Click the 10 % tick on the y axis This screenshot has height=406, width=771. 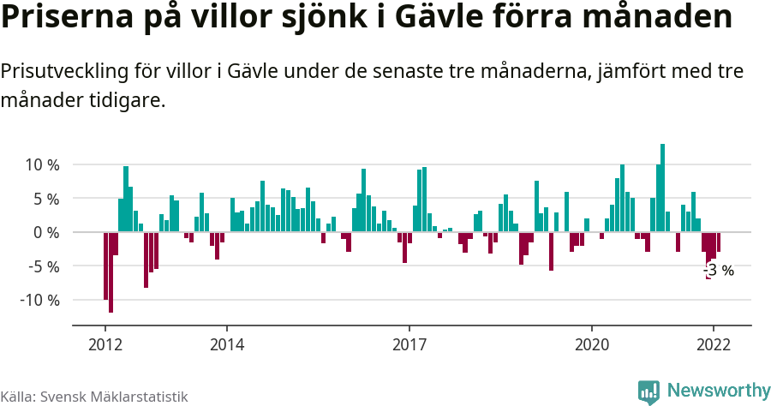point(41,164)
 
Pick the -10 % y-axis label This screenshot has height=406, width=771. point(39,301)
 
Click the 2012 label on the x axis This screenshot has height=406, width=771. point(105,344)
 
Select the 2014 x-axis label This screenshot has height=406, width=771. point(227,344)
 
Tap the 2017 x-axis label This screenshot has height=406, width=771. point(409,344)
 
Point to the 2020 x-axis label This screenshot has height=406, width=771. point(592,344)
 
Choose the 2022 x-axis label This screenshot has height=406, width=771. point(713,344)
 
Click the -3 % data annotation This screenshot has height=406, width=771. point(719,271)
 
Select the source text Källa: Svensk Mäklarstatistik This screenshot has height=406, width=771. point(93,397)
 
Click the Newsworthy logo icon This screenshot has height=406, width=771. point(649,391)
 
